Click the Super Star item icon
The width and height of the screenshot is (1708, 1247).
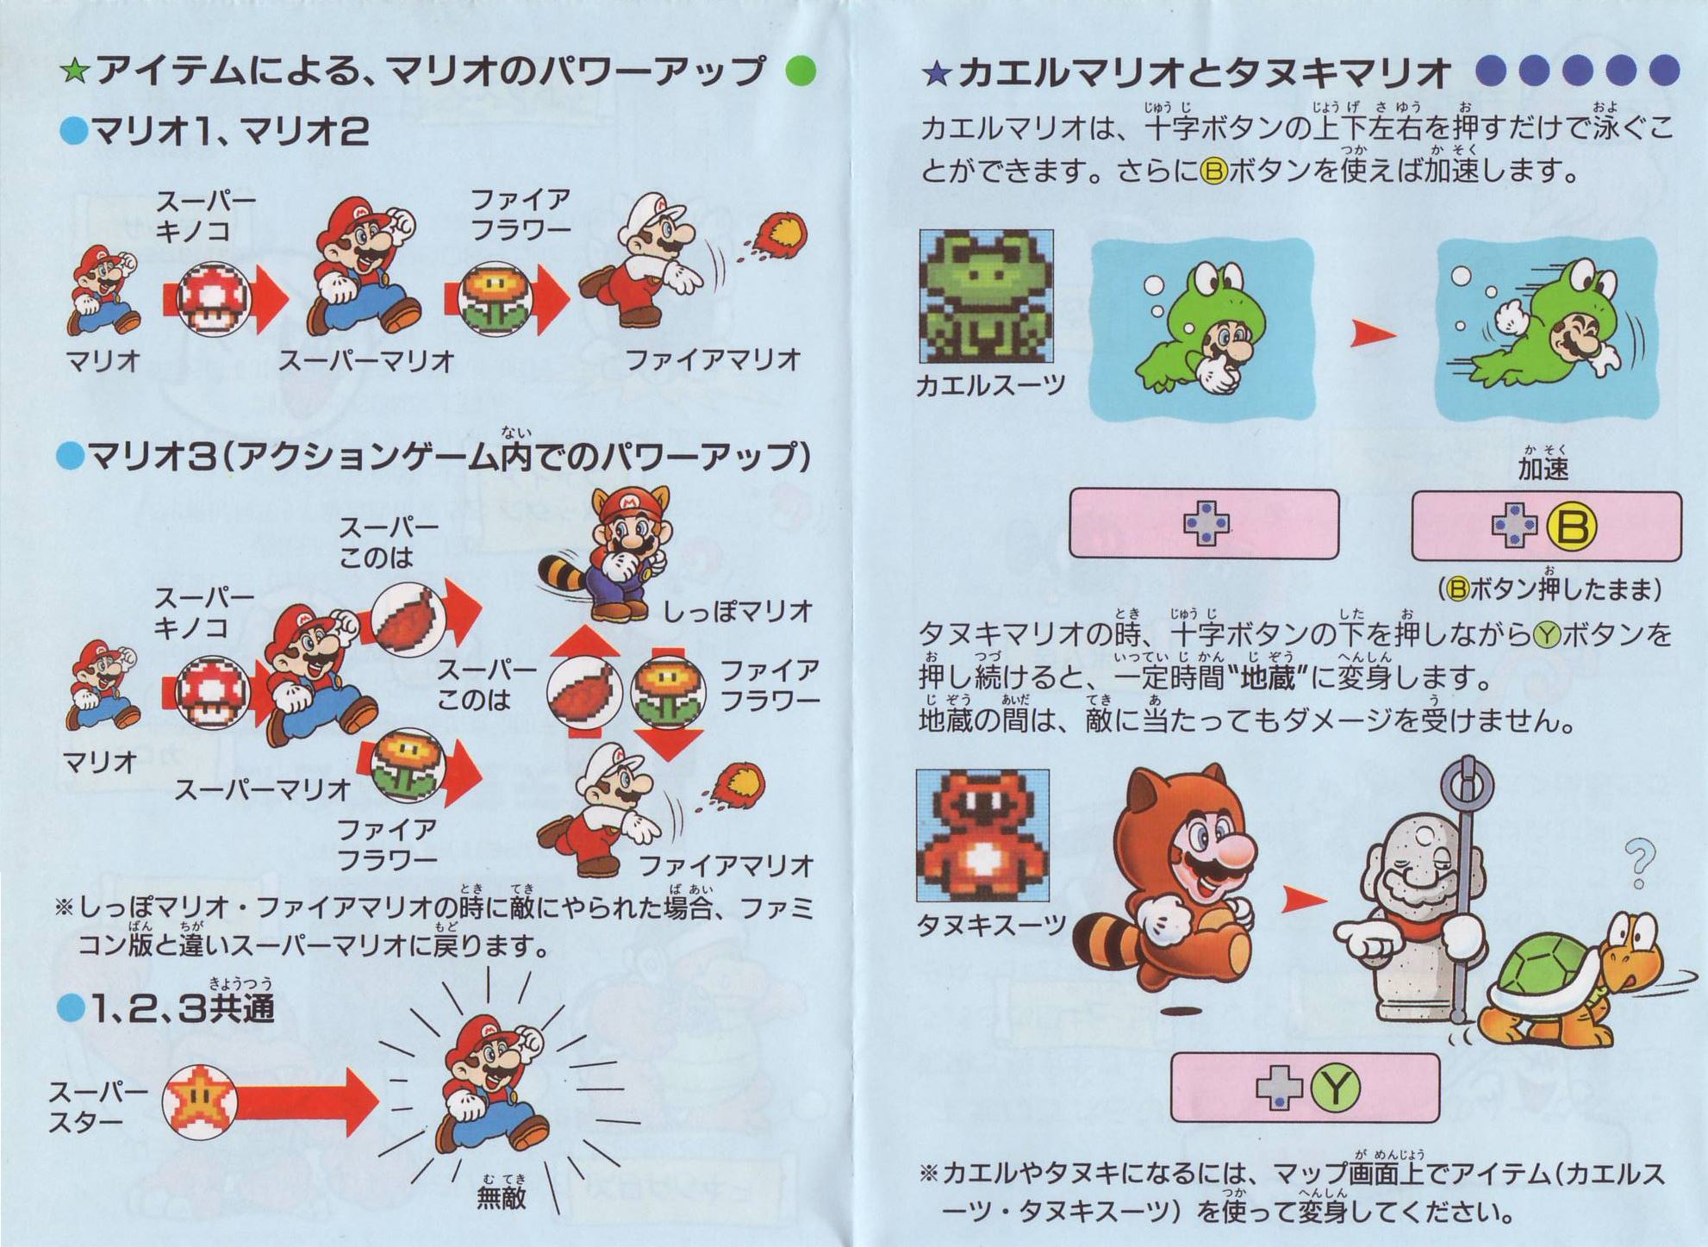[200, 1101]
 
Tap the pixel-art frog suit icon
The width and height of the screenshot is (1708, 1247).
[986, 296]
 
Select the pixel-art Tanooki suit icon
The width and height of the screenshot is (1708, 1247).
[982, 836]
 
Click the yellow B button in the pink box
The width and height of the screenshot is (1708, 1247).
[1572, 527]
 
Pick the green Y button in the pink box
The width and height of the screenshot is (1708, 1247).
[1335, 1088]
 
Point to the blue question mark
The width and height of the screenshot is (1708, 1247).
[1639, 864]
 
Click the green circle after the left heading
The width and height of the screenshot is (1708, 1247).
[801, 71]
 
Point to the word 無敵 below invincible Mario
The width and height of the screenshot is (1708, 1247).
[501, 1198]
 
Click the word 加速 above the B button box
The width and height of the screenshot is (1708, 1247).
[1543, 469]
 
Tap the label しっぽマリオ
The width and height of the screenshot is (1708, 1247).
[738, 611]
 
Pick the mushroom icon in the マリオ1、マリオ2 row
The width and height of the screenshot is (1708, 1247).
[213, 298]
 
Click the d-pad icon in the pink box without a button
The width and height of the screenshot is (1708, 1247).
[1206, 523]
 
